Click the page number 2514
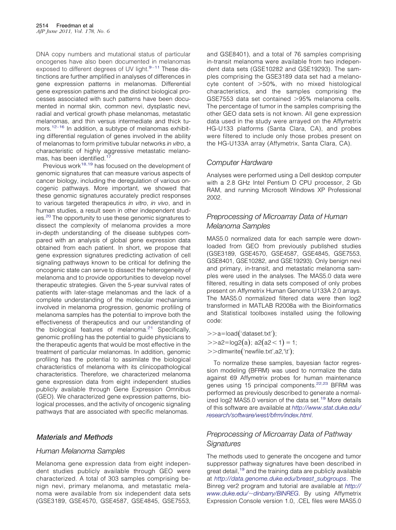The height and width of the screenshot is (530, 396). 42,25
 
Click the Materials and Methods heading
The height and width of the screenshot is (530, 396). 73,437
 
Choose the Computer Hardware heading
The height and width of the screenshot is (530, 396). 240,162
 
